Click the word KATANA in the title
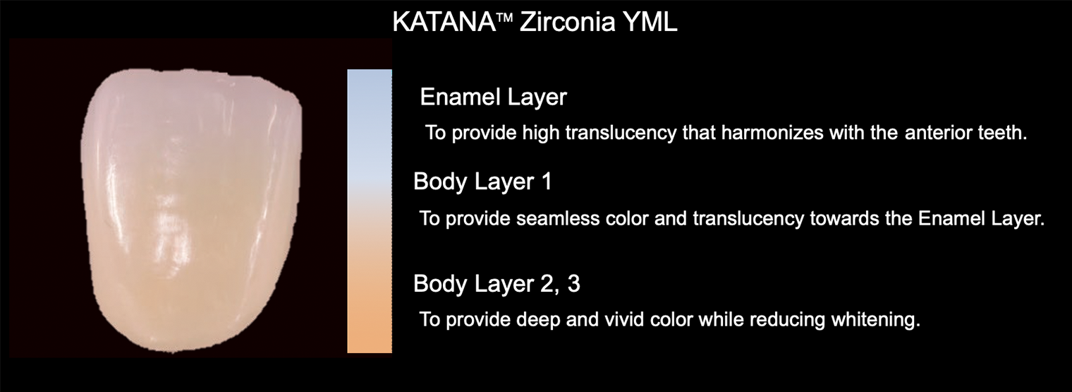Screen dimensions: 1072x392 (444, 22)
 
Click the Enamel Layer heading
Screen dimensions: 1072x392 (494, 97)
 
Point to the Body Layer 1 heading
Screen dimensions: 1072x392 (482, 182)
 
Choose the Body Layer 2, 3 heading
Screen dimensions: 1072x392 (497, 284)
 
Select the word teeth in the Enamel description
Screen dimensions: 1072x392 (1003, 133)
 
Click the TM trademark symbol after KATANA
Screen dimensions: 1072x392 (506, 18)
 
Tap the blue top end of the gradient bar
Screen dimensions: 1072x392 (370, 72)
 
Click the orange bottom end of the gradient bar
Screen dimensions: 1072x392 (370, 350)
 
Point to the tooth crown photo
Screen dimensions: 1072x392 (191, 211)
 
